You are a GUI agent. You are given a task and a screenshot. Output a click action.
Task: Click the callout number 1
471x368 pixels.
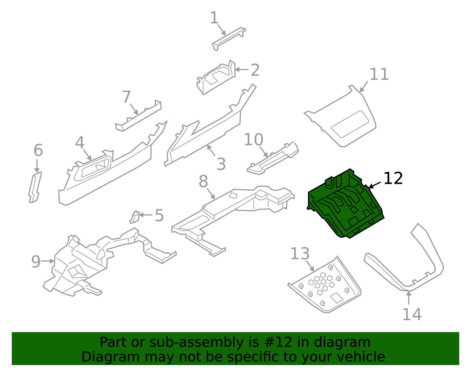[x=214, y=18]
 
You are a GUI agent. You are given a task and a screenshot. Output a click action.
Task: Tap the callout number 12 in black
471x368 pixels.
[x=393, y=179]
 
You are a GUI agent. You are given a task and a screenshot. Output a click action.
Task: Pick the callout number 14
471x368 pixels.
[x=412, y=314]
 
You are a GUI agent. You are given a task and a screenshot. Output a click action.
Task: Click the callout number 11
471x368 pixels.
[x=379, y=74]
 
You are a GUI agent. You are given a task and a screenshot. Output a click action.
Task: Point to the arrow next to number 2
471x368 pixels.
[x=242, y=70]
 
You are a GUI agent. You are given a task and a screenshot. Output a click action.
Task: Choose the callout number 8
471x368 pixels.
[x=203, y=181]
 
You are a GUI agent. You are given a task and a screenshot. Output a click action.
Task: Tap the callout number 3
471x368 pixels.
[x=221, y=164]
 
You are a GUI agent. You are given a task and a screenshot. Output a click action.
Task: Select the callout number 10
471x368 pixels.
[x=253, y=140]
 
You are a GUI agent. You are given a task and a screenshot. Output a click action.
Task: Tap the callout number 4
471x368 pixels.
[x=79, y=143]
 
